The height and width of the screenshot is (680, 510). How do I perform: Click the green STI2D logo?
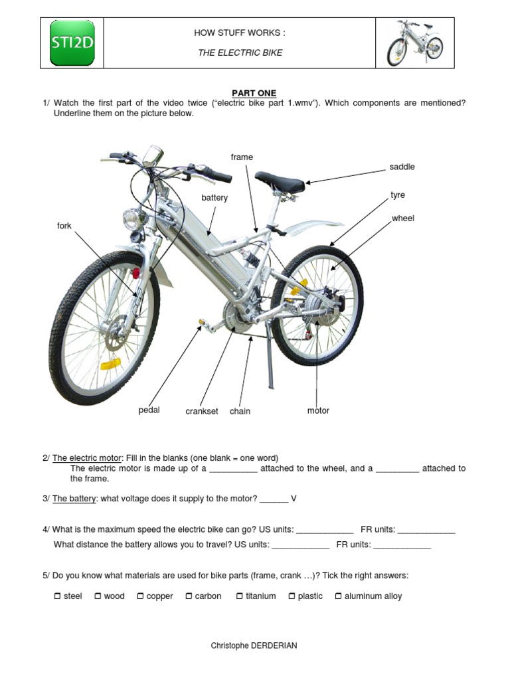pyautogui.click(x=72, y=43)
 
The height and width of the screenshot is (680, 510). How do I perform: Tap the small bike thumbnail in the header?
pyautogui.click(x=415, y=43)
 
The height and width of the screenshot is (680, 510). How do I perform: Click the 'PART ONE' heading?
pyautogui.click(x=254, y=93)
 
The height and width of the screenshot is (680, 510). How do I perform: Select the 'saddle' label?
pyautogui.click(x=402, y=167)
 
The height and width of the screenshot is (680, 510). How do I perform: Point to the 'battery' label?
pyautogui.click(x=214, y=198)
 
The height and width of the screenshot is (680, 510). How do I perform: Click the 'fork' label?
pyautogui.click(x=64, y=226)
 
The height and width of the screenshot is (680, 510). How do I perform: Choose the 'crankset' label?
pyautogui.click(x=202, y=412)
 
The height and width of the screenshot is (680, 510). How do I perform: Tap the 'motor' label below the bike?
pyautogui.click(x=318, y=411)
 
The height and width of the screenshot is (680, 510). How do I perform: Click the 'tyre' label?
pyautogui.click(x=398, y=195)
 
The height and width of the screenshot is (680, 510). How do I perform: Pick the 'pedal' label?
pyautogui.click(x=149, y=410)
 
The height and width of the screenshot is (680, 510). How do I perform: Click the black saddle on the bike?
pyautogui.click(x=280, y=181)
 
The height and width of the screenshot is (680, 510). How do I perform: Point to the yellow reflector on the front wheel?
pyautogui.click(x=110, y=364)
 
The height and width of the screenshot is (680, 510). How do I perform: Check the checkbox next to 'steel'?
pyautogui.click(x=57, y=596)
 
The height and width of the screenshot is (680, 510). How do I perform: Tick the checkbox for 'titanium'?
pyautogui.click(x=240, y=596)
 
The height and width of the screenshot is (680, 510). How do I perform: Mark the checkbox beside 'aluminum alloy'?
pyautogui.click(x=338, y=596)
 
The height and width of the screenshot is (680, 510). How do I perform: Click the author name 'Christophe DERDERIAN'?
pyautogui.click(x=254, y=645)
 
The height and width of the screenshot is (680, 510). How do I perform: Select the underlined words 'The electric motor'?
pyautogui.click(x=87, y=458)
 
